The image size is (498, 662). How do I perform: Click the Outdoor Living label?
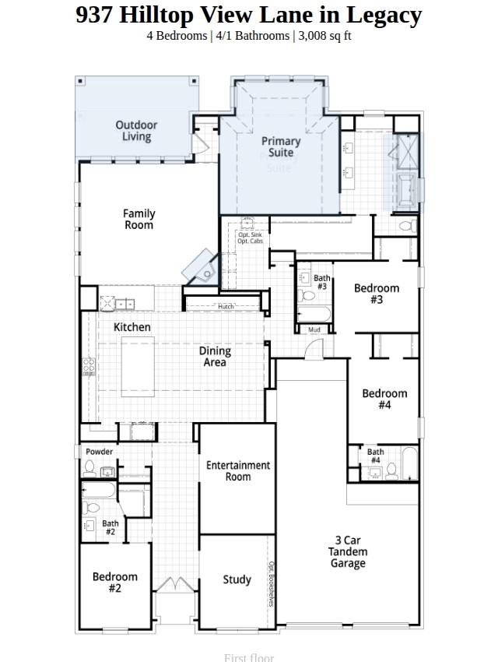136,131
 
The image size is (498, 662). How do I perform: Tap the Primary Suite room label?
281,146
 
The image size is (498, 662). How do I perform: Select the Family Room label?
139,219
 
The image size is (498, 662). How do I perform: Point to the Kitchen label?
132,327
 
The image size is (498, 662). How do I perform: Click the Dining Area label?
215,357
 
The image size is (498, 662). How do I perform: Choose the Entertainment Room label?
238,470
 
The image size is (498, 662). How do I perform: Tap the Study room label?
237,579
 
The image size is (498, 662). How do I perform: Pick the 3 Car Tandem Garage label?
347,551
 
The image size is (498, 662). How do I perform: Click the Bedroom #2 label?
115,583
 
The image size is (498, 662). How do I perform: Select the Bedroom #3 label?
377,294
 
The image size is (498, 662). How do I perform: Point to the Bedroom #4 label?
384,399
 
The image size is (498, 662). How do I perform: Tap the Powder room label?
99,452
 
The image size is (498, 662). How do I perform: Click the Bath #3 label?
321,282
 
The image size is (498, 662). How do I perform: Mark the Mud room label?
314,330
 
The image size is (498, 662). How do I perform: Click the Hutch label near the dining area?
226,307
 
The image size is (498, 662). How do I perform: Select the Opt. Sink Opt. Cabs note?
250,238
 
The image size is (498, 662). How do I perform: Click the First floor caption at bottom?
249,657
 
